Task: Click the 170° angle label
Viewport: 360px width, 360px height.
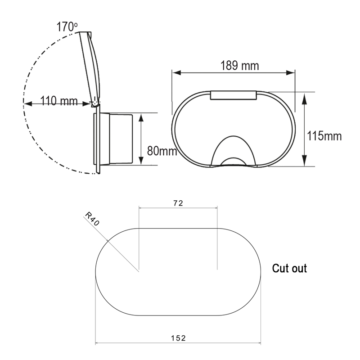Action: (x=67, y=27)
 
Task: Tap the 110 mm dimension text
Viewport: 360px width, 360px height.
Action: (x=59, y=101)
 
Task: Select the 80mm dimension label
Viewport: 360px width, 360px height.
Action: (x=162, y=151)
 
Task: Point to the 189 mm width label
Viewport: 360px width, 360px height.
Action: (x=239, y=65)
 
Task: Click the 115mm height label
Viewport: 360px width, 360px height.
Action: (x=324, y=136)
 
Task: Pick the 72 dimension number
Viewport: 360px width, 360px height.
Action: (x=178, y=203)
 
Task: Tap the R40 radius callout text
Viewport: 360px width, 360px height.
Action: (x=92, y=219)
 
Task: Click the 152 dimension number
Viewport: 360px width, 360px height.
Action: (x=178, y=338)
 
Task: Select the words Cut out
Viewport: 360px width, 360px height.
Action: (x=289, y=268)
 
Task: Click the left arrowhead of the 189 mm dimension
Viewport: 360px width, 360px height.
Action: (x=176, y=73)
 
